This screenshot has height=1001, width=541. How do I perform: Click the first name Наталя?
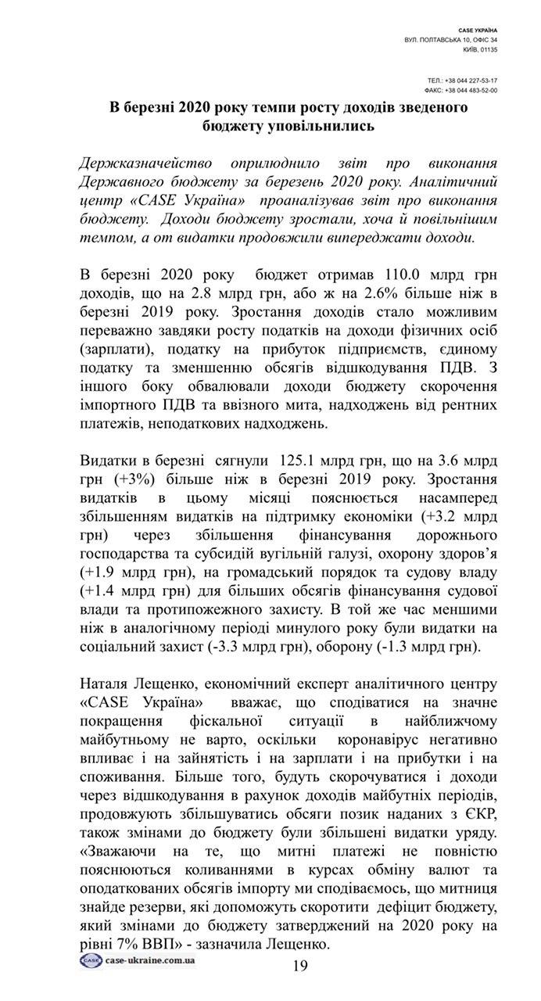[106, 685]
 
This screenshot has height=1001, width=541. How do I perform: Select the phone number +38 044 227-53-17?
[472, 81]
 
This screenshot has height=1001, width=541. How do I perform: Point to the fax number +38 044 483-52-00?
[472, 90]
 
